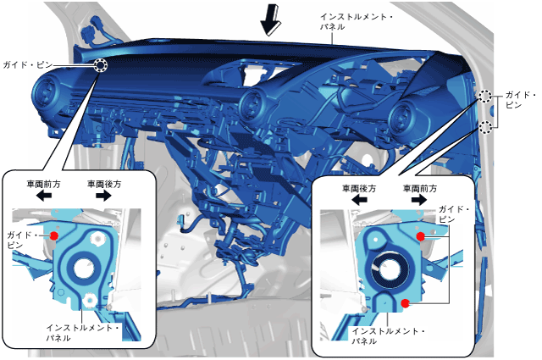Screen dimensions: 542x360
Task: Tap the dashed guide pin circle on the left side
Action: point(100,66)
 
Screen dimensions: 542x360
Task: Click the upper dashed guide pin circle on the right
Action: point(485,97)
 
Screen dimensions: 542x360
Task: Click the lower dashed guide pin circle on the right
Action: point(485,127)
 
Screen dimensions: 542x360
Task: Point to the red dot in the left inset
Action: point(53,235)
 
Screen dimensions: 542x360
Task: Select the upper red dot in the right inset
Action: point(421,235)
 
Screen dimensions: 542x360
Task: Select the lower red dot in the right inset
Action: point(406,302)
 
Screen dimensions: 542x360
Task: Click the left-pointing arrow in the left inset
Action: point(41,194)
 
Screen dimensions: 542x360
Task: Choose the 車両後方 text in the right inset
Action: point(357,188)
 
